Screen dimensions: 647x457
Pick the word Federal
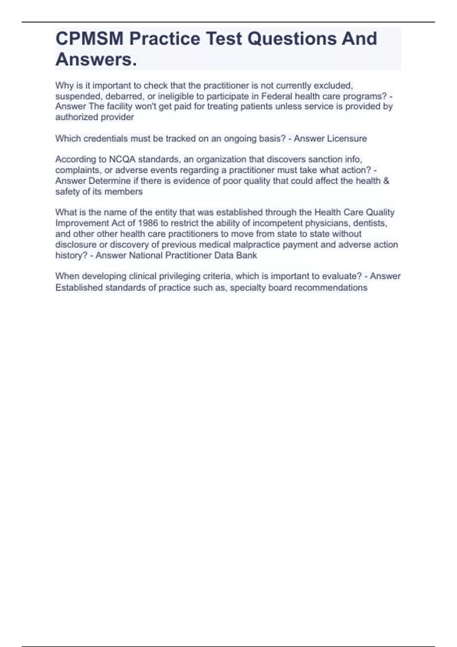[277, 96]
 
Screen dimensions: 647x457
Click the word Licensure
[347, 139]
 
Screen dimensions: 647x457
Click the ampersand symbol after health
[386, 181]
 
